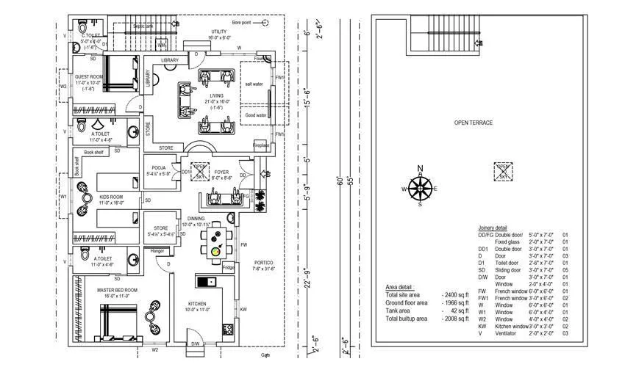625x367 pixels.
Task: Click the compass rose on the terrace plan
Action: (420, 189)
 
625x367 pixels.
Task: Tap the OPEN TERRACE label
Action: (472, 123)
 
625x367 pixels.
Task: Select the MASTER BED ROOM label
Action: (117, 291)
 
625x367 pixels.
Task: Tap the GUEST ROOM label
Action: (87, 77)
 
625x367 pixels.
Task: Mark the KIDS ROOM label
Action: (111, 197)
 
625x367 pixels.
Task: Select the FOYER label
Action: (221, 172)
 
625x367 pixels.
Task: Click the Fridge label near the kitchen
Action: (228, 267)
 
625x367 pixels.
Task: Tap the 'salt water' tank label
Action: (255, 85)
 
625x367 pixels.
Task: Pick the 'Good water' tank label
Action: (255, 115)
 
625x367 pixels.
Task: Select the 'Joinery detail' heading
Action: (492, 228)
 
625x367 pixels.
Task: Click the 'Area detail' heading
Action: (400, 287)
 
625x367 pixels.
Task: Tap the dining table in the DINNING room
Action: (215, 242)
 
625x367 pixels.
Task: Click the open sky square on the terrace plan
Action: (503, 171)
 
